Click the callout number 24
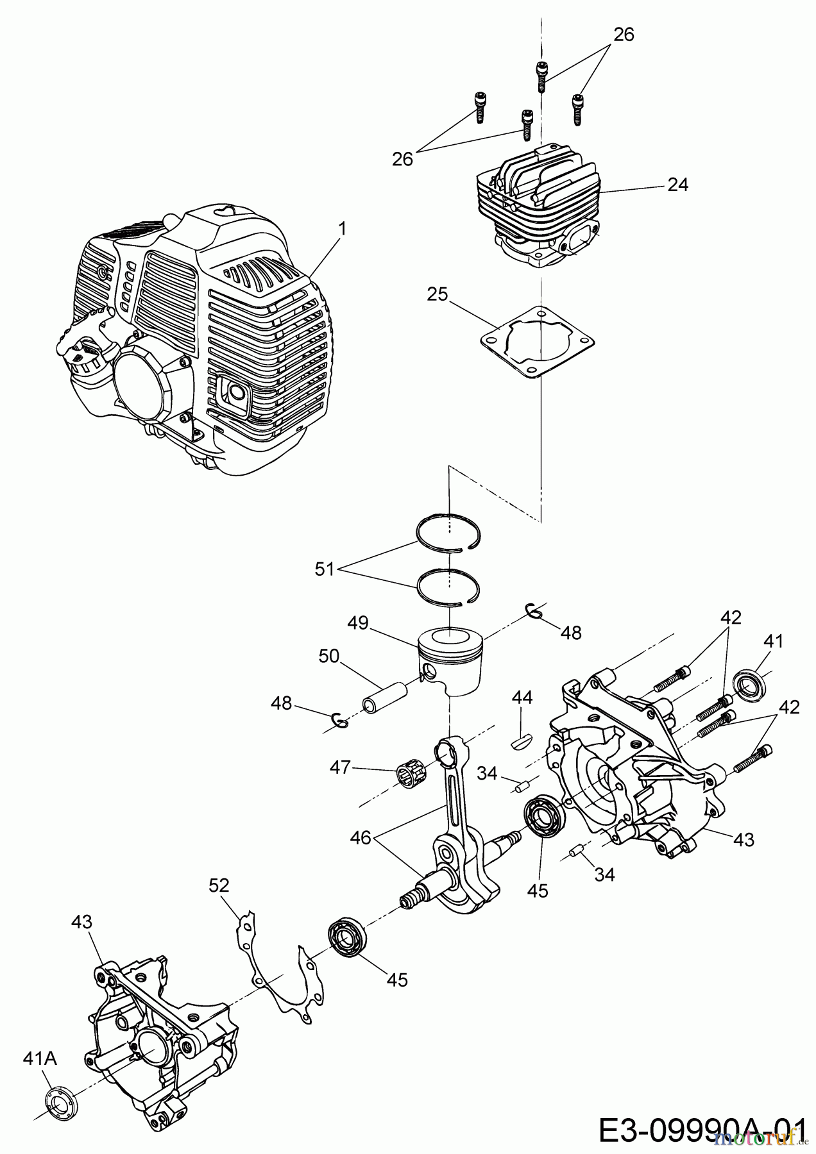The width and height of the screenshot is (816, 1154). click(x=677, y=185)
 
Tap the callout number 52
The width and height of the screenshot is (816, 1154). click(x=219, y=885)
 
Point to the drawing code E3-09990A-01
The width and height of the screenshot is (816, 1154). click(x=702, y=1129)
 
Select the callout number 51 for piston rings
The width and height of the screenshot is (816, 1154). click(x=325, y=568)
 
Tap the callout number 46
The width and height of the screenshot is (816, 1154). click(x=361, y=837)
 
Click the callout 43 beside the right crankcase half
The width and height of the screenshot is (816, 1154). click(x=743, y=839)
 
